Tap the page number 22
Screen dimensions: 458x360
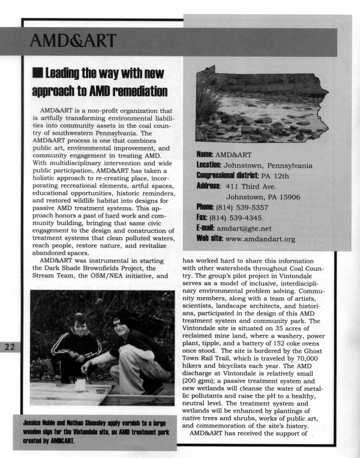[12, 348]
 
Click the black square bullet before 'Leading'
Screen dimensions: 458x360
[37, 74]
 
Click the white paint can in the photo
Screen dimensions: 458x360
[80, 383]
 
